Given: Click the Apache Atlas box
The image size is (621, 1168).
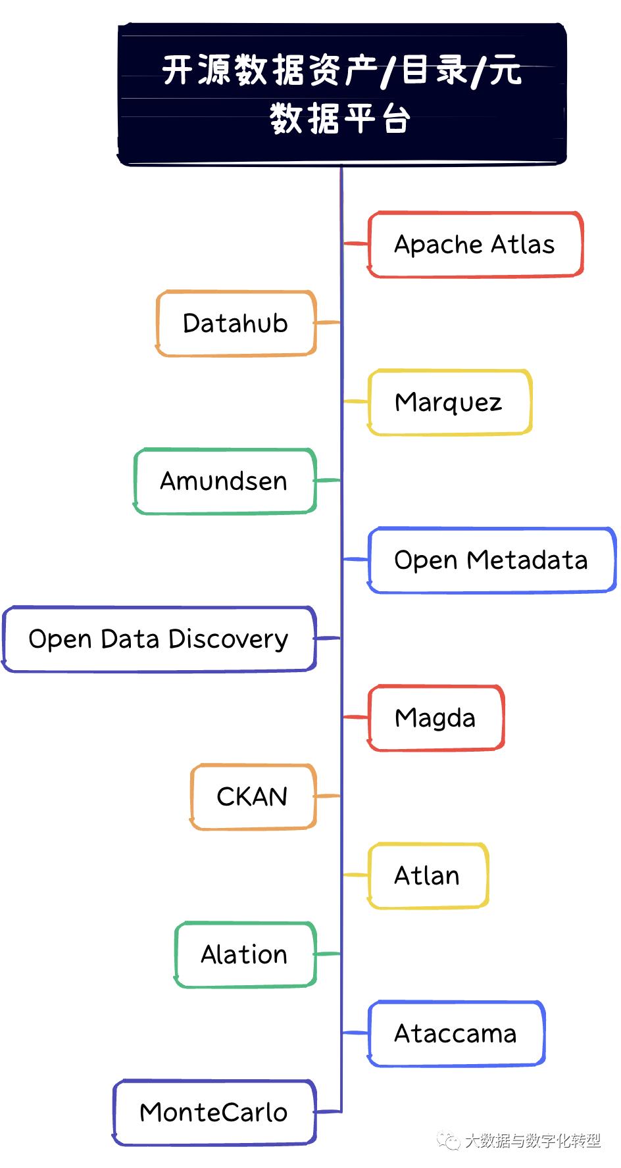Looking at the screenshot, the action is click(x=475, y=244).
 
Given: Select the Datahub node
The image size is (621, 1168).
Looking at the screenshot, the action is click(x=236, y=323).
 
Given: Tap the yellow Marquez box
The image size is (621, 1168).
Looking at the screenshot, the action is click(x=449, y=402).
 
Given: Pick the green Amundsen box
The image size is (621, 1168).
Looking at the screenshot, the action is click(x=224, y=481).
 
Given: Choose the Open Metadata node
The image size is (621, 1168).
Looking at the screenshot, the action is click(x=491, y=560).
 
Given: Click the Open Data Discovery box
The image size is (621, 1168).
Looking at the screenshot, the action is click(x=159, y=639).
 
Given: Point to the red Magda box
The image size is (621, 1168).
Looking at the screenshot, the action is click(x=435, y=718).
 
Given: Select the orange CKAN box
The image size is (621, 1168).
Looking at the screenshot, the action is click(x=253, y=796).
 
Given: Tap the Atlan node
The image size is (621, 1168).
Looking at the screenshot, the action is click(x=427, y=875).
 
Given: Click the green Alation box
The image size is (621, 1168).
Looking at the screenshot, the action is click(x=245, y=954).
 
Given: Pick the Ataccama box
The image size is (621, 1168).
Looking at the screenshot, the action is click(x=455, y=1033).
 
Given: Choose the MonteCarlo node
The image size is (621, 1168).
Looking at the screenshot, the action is click(x=214, y=1112).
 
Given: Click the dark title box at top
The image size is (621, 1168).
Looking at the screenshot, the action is click(x=341, y=94).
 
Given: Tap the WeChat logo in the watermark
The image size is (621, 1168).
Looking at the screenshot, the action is click(x=449, y=1140).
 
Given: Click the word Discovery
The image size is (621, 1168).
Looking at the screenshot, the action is click(x=228, y=639).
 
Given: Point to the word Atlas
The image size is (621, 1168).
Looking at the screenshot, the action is click(x=522, y=244).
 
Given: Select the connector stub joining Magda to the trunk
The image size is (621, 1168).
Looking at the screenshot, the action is click(x=355, y=717).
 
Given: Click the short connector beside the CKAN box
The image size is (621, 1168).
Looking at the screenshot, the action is click(x=328, y=796).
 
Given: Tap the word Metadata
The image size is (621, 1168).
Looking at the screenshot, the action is click(x=527, y=560).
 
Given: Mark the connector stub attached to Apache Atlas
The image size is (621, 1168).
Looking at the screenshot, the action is click(x=355, y=243).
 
